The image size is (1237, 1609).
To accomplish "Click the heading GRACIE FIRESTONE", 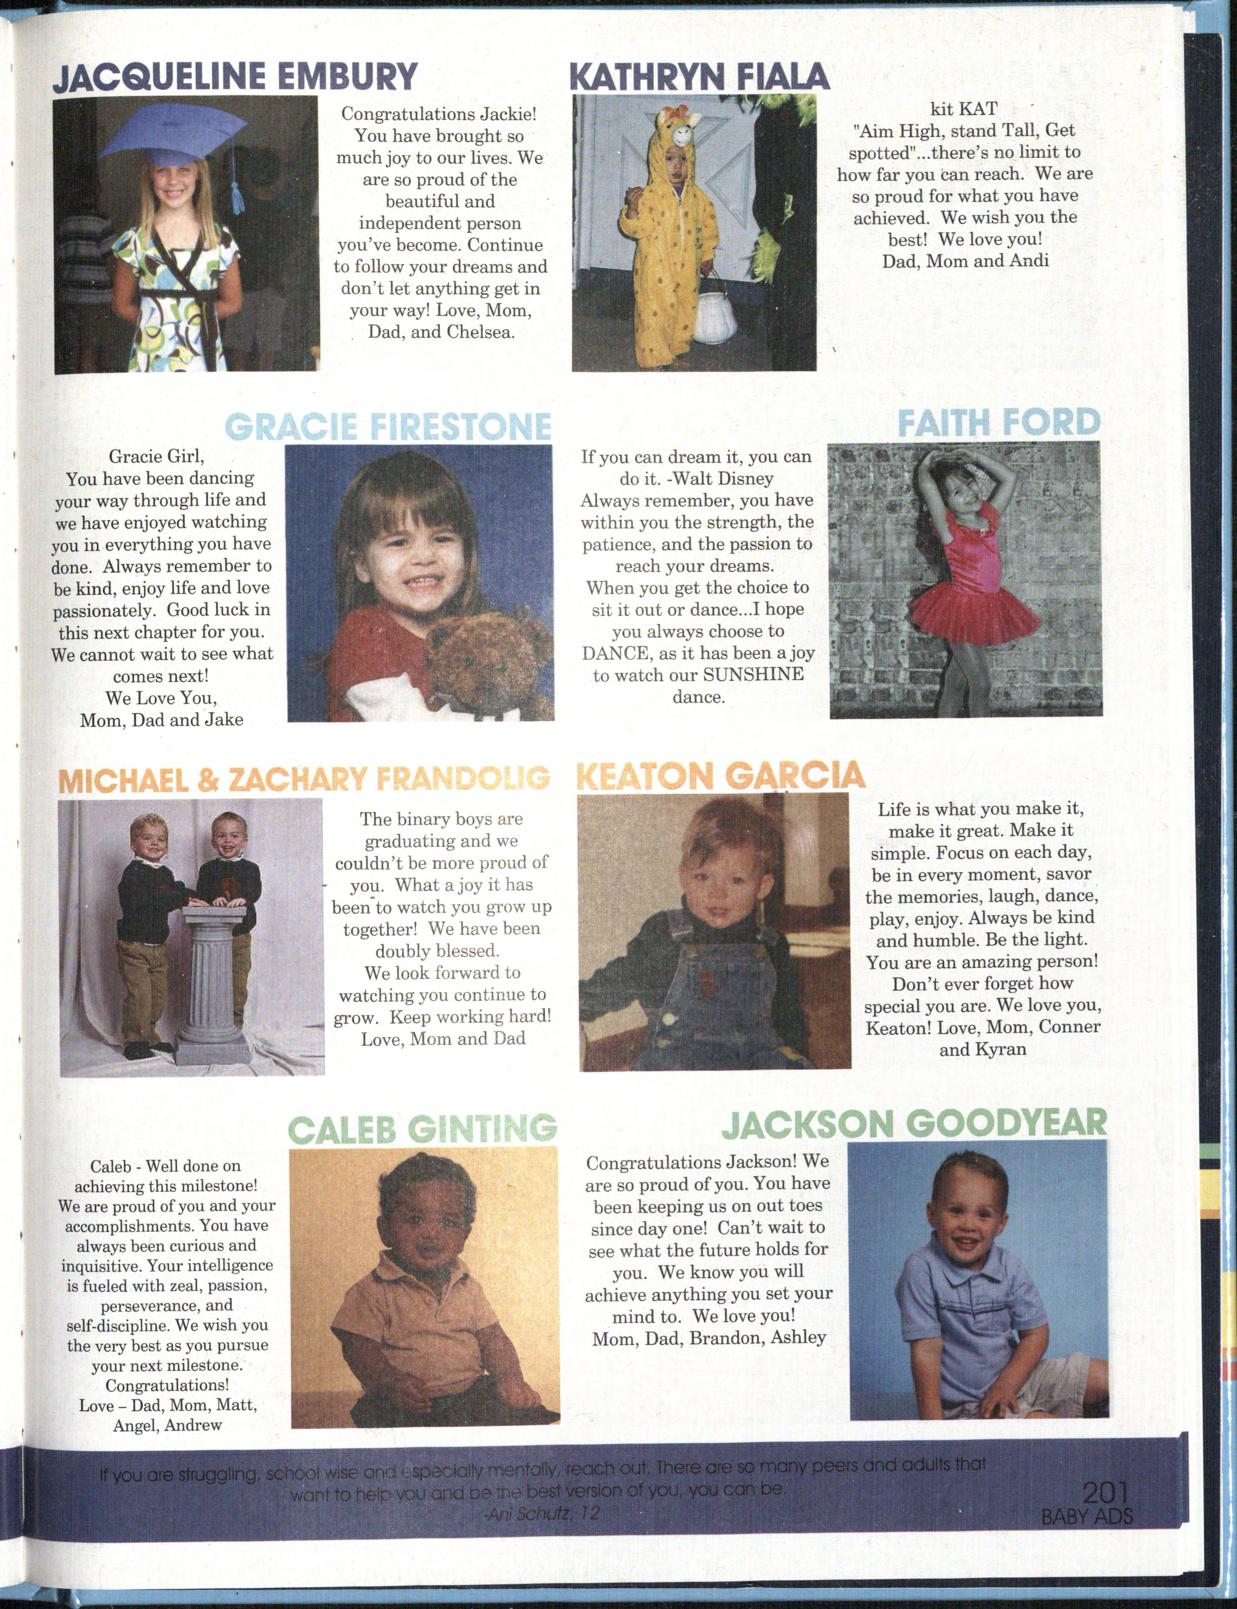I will click(x=388, y=427).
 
